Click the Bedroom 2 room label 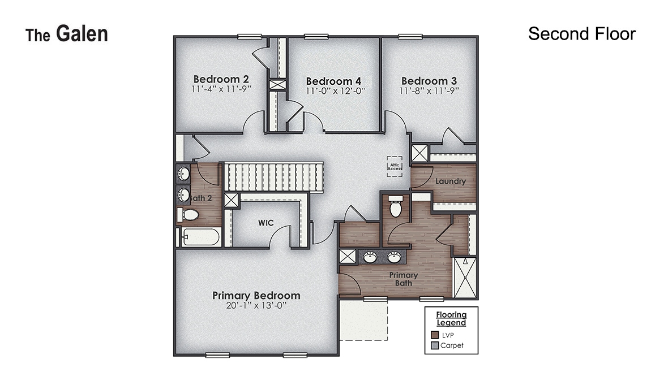pos(221,79)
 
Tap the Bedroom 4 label pos(333,81)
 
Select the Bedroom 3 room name pos(429,81)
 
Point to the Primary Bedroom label pos(256,295)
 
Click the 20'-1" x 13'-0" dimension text pos(256,306)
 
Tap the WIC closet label pos(266,223)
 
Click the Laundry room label pos(451,181)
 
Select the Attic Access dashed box pos(395,166)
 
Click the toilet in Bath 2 pos(189,215)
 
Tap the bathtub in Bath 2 pos(201,236)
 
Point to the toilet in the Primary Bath pos(396,207)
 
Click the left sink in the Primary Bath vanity pos(370,257)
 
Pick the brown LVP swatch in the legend pos(435,335)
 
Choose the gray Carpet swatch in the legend pos(435,345)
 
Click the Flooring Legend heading pos(451,319)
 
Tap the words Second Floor pos(581,34)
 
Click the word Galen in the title pos(82,34)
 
